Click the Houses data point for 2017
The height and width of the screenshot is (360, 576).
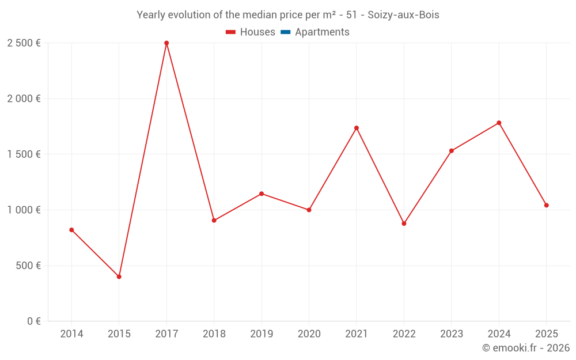click(x=166, y=43)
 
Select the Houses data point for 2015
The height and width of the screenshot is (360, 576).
click(x=119, y=277)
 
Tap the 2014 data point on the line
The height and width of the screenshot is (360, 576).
click(x=71, y=230)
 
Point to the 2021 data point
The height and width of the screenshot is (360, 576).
click(x=357, y=128)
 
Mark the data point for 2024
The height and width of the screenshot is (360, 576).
click(x=499, y=123)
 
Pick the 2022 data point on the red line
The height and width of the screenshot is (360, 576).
click(x=404, y=223)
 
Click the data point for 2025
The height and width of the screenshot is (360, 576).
click(x=547, y=206)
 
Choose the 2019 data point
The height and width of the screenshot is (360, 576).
click(x=262, y=194)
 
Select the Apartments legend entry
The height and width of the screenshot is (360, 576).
click(x=322, y=32)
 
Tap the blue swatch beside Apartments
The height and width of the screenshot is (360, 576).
click(x=285, y=32)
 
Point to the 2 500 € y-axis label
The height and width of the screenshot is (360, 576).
click(x=24, y=43)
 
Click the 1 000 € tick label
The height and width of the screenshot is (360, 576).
click(x=24, y=210)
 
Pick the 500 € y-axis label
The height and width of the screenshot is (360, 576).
click(x=27, y=266)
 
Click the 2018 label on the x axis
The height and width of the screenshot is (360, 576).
click(x=214, y=334)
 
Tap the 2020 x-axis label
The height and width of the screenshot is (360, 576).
click(x=309, y=334)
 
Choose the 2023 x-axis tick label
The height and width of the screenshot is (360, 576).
click(x=452, y=334)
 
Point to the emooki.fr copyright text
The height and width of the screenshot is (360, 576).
click(x=526, y=348)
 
